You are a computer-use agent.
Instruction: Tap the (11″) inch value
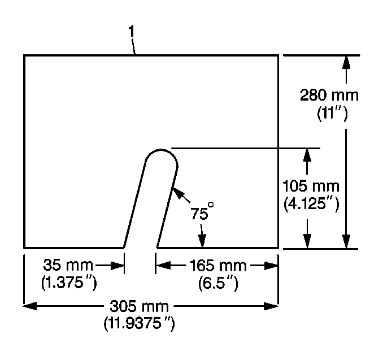tap(333, 114)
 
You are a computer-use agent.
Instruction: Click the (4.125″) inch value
tap(311, 204)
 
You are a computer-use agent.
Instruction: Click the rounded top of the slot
tap(162, 151)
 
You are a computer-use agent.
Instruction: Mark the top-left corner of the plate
tap(24, 55)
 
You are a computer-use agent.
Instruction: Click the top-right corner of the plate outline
tap(278, 55)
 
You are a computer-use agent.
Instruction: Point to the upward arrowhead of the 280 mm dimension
tap(346, 60)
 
